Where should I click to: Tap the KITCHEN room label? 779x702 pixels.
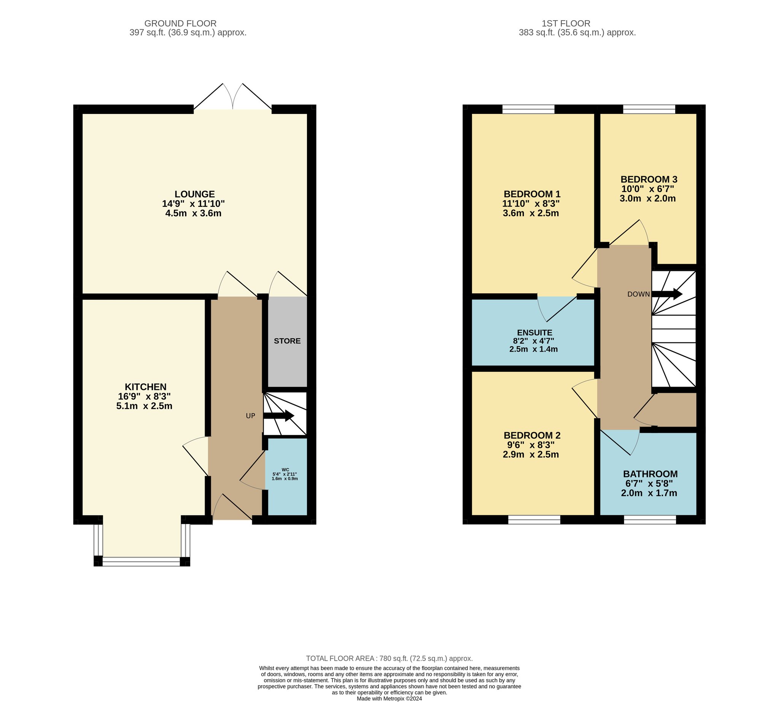(x=146, y=387)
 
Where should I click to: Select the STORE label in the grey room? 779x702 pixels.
(x=288, y=341)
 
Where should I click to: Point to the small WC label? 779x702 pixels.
(x=286, y=470)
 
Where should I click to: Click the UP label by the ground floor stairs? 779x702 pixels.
(x=250, y=416)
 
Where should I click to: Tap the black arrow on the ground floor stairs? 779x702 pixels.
(x=279, y=416)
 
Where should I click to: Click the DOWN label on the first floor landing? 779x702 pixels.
(x=638, y=294)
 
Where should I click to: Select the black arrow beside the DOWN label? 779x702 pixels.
(x=667, y=294)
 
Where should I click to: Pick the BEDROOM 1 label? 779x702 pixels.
(x=532, y=194)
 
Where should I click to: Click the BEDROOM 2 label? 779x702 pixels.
(x=532, y=435)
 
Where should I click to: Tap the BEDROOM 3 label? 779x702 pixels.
(x=649, y=179)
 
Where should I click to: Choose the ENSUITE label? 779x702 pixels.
(x=534, y=333)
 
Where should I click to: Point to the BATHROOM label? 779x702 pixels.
(x=650, y=474)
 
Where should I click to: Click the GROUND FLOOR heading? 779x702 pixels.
(x=180, y=24)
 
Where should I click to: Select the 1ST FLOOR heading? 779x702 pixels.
(x=566, y=24)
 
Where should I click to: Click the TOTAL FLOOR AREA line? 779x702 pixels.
(x=389, y=659)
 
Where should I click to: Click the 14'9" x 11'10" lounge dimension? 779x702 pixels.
(x=193, y=204)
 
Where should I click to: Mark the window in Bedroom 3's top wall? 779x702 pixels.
(x=649, y=109)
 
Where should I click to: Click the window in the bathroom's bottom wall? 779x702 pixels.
(x=650, y=520)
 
